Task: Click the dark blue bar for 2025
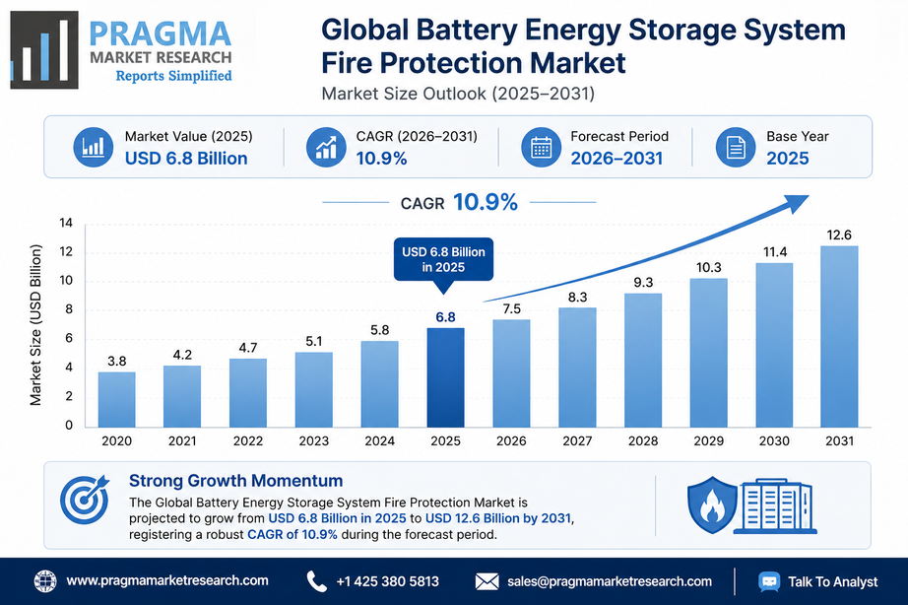click(445, 377)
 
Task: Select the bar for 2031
click(839, 337)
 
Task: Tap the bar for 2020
click(116, 400)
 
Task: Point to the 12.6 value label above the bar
click(839, 235)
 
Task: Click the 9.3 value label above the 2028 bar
click(643, 282)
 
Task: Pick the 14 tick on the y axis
click(66, 223)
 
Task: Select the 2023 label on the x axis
click(314, 441)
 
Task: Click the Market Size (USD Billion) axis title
click(35, 325)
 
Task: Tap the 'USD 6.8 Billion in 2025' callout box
click(443, 259)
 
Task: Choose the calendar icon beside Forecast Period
click(541, 147)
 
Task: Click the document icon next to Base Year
click(736, 147)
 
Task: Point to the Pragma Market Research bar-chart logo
click(44, 50)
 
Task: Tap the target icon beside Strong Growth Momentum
click(85, 499)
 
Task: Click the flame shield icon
click(712, 504)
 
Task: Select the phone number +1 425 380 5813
click(387, 581)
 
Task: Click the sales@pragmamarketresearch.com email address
click(610, 581)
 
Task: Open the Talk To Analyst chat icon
click(769, 581)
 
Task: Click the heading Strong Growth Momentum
click(235, 481)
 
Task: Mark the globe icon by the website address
click(45, 581)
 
